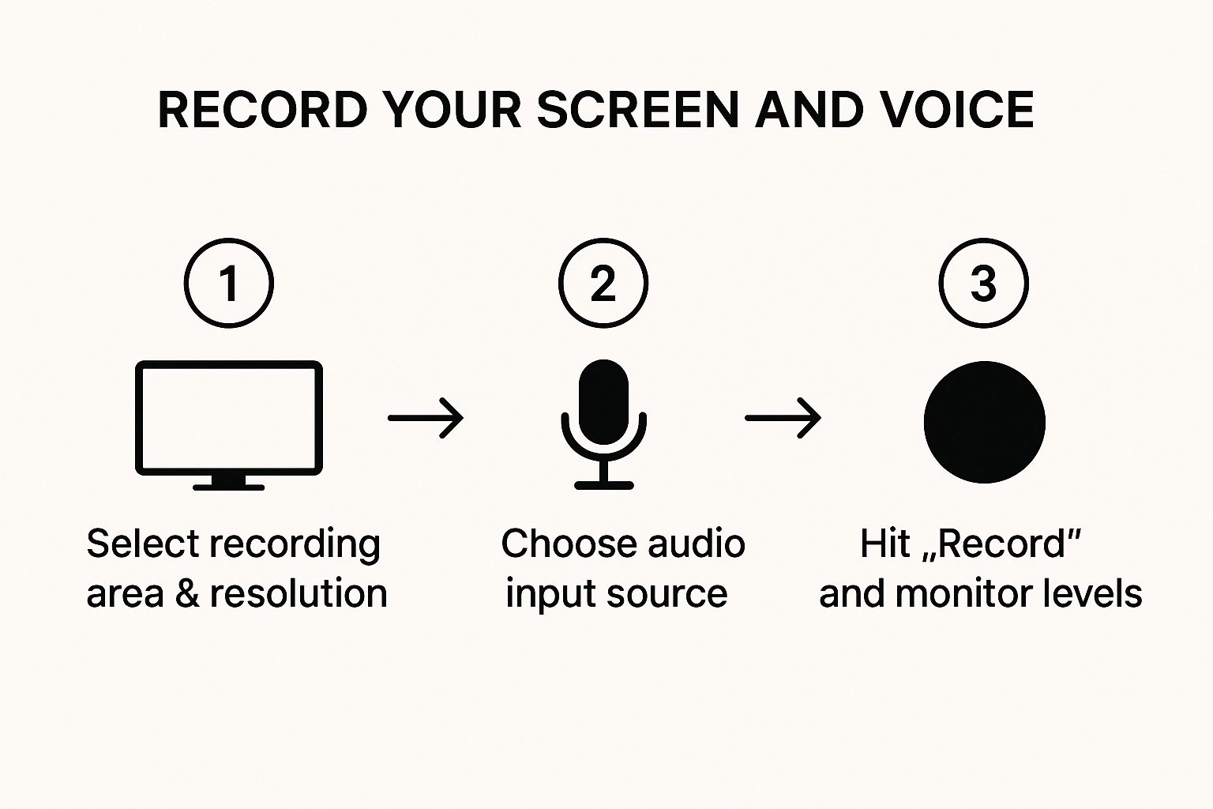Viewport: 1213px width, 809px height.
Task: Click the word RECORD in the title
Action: pyautogui.click(x=263, y=110)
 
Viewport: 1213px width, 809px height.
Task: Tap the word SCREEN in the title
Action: pyautogui.click(x=638, y=110)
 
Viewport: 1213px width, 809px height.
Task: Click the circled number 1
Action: pyautogui.click(x=229, y=283)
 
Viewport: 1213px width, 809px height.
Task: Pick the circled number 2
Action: pyautogui.click(x=603, y=283)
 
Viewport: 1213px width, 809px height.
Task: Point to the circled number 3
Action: pyautogui.click(x=983, y=283)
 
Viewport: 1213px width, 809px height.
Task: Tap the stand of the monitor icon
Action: pyautogui.click(x=229, y=483)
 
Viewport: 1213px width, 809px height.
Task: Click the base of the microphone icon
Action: pyautogui.click(x=604, y=485)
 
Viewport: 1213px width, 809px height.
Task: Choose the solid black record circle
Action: pyautogui.click(x=985, y=422)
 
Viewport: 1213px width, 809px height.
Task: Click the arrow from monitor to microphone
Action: pyautogui.click(x=426, y=418)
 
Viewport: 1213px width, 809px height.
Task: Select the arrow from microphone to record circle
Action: pyautogui.click(x=783, y=418)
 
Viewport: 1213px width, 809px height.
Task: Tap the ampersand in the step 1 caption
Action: pyautogui.click(x=187, y=593)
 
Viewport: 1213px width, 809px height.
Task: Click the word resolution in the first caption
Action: pyautogui.click(x=299, y=593)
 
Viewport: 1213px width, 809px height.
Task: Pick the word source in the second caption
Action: pyautogui.click(x=667, y=595)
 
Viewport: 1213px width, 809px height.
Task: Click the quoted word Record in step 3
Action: pyautogui.click(x=1002, y=544)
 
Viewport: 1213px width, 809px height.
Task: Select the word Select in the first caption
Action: pyautogui.click(x=143, y=544)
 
